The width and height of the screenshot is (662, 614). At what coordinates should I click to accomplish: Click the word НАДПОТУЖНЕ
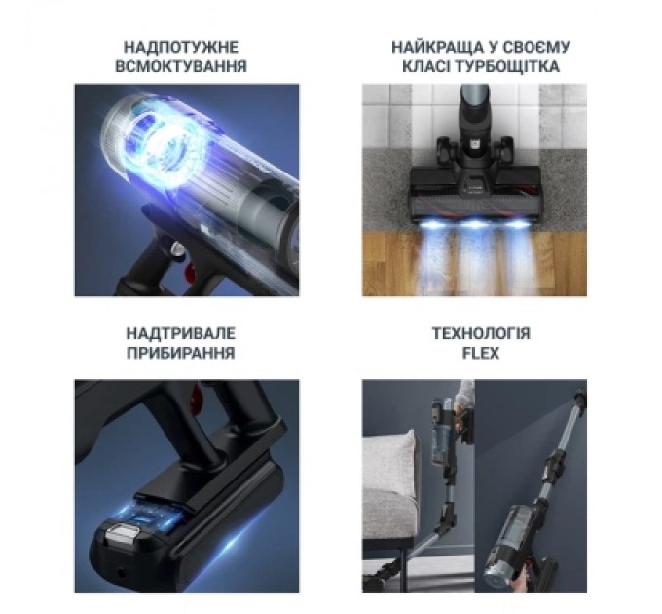point(181,47)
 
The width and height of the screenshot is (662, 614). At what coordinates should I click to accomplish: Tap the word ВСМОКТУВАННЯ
point(181,67)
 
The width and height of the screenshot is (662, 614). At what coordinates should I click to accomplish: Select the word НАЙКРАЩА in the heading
point(435,47)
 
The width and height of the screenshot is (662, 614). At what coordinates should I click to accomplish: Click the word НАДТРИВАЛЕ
point(181,333)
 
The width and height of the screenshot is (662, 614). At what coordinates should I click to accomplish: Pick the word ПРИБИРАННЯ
point(181,353)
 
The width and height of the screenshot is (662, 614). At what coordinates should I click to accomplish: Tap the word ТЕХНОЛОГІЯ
point(481,333)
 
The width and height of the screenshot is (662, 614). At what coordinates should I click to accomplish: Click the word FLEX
point(481,353)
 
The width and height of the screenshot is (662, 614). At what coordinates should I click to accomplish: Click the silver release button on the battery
point(124,531)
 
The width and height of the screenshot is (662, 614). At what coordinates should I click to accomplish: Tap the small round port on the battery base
point(122,574)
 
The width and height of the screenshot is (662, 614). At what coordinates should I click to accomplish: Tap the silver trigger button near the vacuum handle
point(178,249)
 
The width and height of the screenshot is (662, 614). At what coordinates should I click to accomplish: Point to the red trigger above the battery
point(197,392)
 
